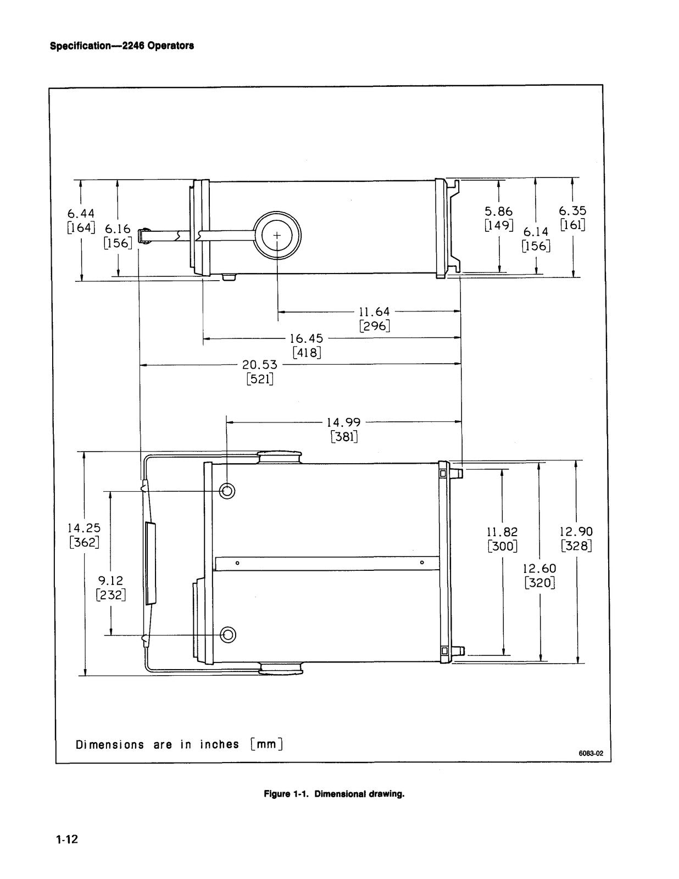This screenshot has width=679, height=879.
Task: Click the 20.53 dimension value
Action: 260,364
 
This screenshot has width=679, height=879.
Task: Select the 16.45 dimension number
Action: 307,338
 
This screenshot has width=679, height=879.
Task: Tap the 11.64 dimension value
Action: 375,311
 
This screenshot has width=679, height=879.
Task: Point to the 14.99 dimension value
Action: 344,422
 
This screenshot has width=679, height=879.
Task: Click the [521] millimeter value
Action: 260,380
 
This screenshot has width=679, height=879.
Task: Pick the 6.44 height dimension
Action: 81,213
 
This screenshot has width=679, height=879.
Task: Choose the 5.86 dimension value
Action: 499,211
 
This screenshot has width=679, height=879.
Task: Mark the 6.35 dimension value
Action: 572,210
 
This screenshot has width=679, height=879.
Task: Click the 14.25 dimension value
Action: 84,527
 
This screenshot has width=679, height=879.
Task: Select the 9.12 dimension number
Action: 111,581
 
